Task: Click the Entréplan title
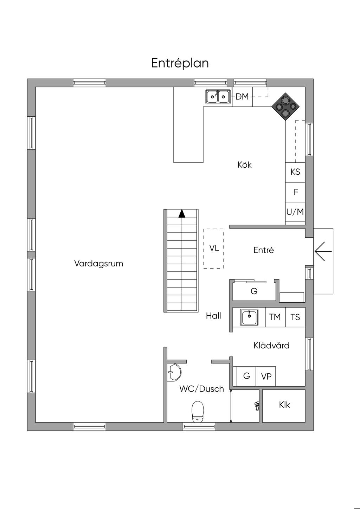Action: (180, 63)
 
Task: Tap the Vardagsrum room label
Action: (98, 264)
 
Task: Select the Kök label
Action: (244, 165)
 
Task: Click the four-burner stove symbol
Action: (285, 107)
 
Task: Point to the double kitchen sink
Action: (218, 97)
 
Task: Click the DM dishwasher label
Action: (242, 96)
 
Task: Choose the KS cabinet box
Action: (295, 172)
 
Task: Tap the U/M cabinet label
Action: (295, 212)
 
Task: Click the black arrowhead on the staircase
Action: (182, 214)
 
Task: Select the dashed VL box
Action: (213, 249)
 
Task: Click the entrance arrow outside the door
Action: (323, 251)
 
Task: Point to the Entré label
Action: (263, 250)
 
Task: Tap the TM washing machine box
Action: (275, 317)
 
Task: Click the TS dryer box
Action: (295, 317)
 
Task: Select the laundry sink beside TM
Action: (250, 317)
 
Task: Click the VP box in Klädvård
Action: (266, 376)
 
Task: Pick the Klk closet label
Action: (284, 405)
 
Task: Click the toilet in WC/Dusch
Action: (198, 412)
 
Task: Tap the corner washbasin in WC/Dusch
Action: (174, 372)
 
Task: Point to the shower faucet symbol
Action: (257, 406)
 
